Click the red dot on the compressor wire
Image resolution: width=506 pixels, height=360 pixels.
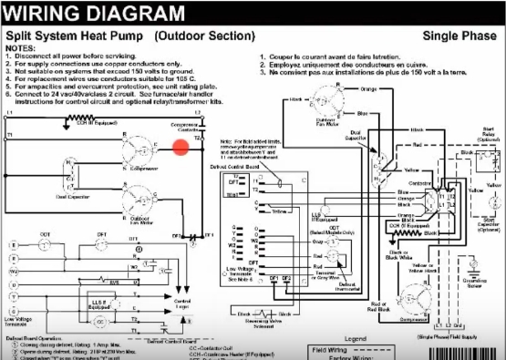tap(181, 147)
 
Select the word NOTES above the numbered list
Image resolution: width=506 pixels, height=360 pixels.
tap(21, 47)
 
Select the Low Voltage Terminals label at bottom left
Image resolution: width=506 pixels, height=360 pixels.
tap(20, 322)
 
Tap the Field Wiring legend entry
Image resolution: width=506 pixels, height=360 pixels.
tap(337, 350)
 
